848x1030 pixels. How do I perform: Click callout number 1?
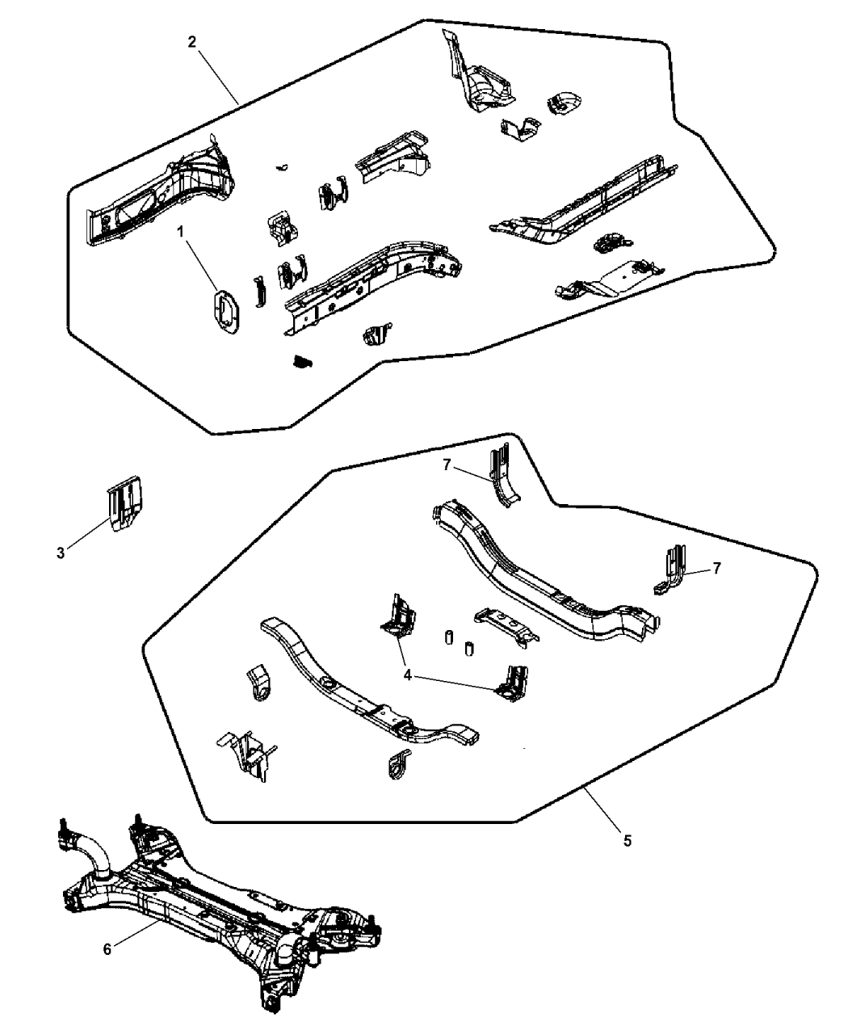181,232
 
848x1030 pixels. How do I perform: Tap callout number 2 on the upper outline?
191,42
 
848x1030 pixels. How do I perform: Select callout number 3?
61,553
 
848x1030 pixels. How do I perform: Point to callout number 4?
409,675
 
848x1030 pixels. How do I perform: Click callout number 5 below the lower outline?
628,840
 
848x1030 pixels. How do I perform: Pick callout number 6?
107,948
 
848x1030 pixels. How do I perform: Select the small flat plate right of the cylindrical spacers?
506,626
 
